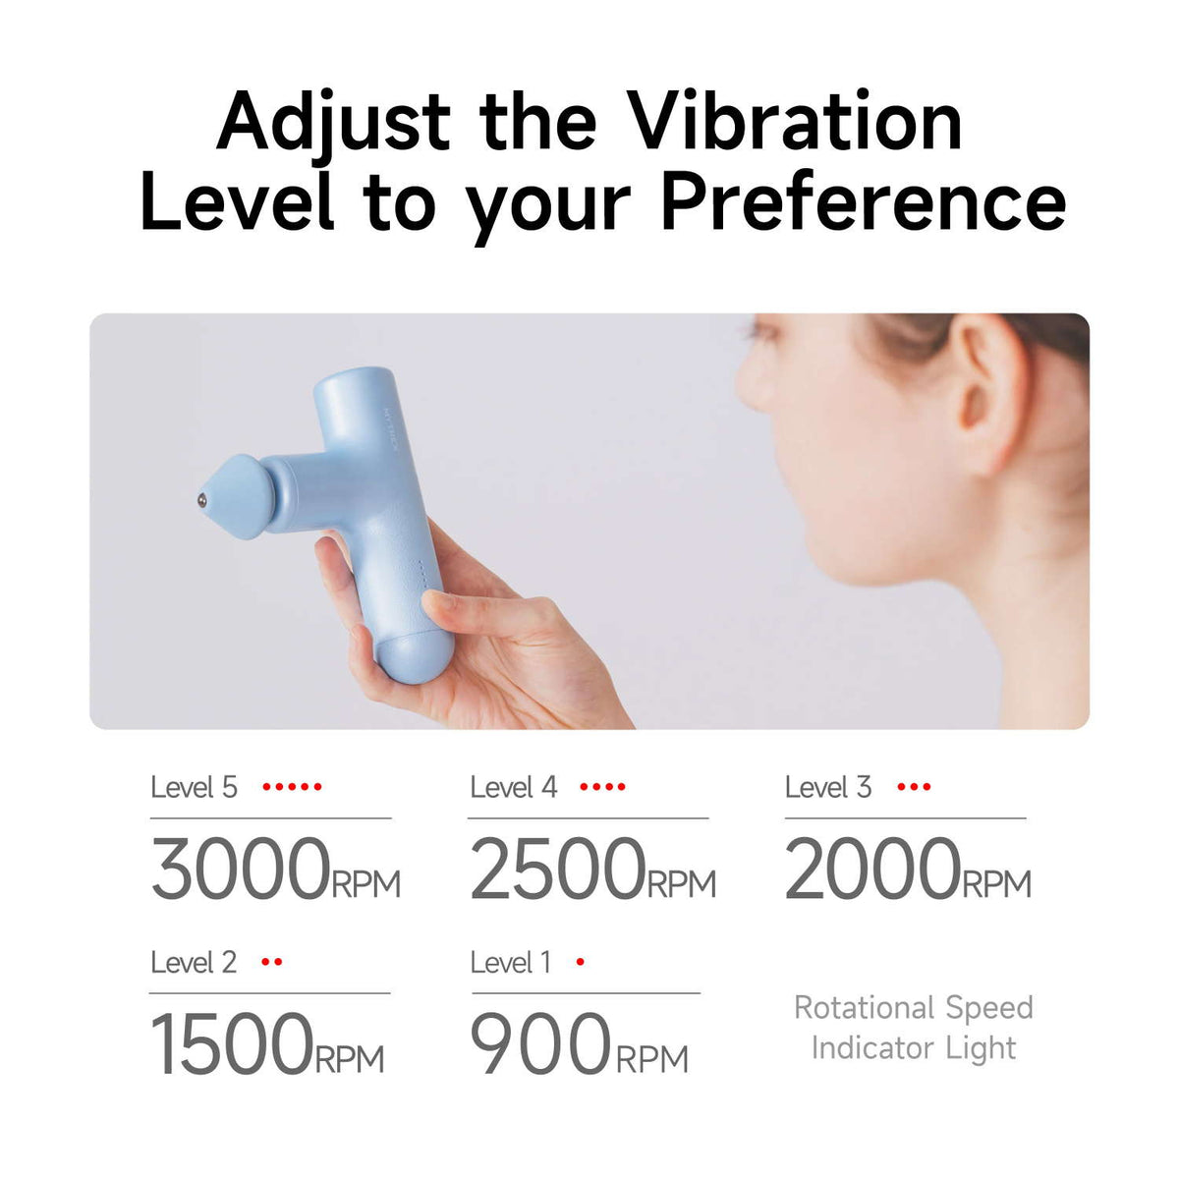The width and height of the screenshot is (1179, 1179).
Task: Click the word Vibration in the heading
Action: pyautogui.click(x=795, y=122)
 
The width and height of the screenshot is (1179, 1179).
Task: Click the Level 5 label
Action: pyautogui.click(x=194, y=787)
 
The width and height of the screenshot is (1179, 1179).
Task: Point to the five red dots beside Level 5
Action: pyautogui.click(x=292, y=787)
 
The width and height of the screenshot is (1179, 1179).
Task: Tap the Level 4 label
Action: pyautogui.click(x=513, y=787)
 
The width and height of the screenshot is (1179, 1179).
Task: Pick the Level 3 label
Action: pyautogui.click(x=827, y=787)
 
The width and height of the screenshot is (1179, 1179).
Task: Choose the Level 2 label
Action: pyautogui.click(x=194, y=962)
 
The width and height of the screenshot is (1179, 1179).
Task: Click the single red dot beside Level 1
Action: pyautogui.click(x=580, y=962)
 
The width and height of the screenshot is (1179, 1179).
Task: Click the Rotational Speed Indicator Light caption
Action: pyautogui.click(x=914, y=1028)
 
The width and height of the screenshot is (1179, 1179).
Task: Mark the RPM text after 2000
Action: pyautogui.click(x=996, y=884)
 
